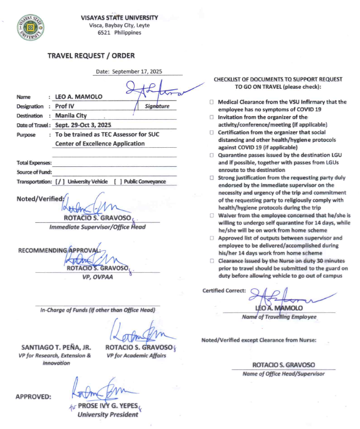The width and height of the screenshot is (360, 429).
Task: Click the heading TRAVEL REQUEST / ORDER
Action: coord(91,56)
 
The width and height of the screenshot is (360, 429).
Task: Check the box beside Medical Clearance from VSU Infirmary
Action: coord(212,102)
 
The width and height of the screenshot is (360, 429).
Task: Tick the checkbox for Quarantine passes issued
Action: coord(212,155)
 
